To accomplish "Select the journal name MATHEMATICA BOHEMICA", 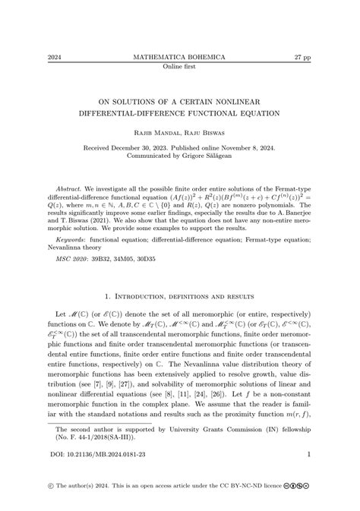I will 179,57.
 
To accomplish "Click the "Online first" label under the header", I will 179,66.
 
